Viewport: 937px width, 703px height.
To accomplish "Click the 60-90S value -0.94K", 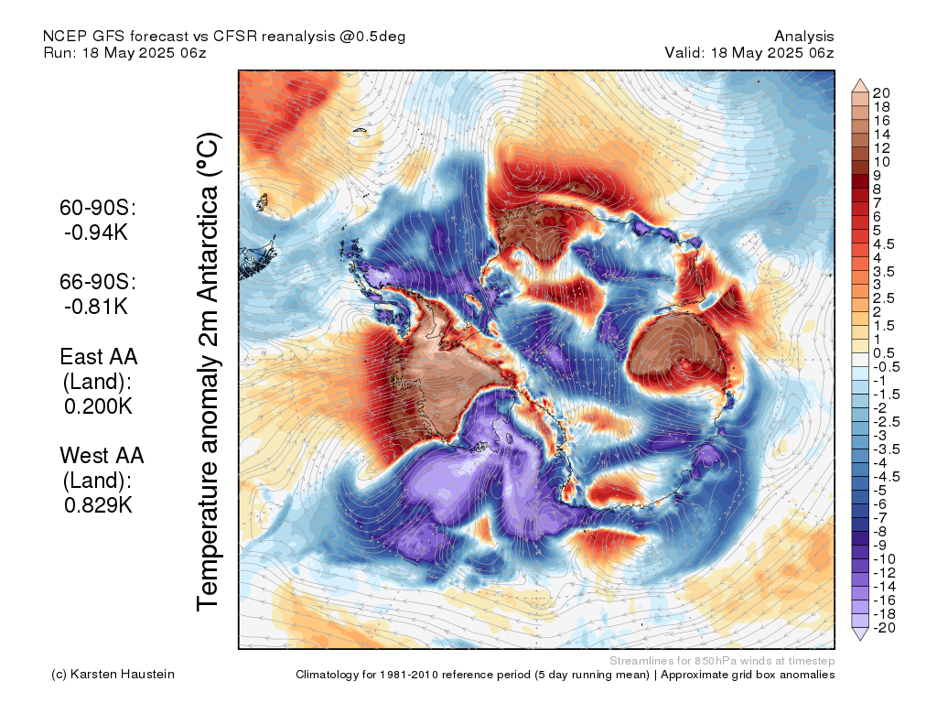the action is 96,232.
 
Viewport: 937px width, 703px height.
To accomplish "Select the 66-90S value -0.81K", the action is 96,306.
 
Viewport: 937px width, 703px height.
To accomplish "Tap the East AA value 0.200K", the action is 98,406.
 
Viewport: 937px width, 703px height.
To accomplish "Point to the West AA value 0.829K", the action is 98,505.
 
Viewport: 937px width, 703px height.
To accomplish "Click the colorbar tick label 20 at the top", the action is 881,93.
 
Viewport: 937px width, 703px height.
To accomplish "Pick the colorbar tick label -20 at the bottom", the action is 885,628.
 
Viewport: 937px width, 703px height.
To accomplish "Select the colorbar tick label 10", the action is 881,162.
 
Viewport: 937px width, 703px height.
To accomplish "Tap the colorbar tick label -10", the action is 885,559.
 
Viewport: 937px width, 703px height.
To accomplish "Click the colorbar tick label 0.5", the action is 884,353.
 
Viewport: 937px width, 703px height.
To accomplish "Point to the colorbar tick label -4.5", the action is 887,476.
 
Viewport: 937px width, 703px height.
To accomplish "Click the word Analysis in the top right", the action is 803,37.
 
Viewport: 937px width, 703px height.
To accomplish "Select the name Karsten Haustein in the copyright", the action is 123,675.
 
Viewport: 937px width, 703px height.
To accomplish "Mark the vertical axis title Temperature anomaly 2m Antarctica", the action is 209,372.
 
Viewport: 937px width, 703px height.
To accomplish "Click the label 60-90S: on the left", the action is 98,208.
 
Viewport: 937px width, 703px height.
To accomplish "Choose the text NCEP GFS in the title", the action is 84,37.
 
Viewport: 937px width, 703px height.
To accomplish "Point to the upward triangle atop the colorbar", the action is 860,85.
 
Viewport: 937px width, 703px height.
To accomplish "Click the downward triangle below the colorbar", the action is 860,633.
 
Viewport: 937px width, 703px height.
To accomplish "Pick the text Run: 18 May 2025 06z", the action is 124,52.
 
